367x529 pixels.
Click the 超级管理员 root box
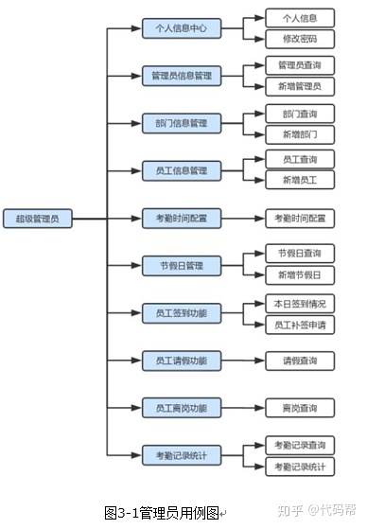pos(37,219)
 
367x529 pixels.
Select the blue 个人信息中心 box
pos(181,28)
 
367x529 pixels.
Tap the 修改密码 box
pos(299,40)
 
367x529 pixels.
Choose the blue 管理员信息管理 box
pos(181,75)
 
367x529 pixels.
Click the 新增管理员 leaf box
pos(299,86)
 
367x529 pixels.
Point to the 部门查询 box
pos(299,113)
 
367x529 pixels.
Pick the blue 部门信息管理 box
pos(181,123)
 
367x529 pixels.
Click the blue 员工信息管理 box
pos(181,171)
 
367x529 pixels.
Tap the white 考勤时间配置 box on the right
pos(299,218)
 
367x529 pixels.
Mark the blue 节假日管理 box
pos(181,265)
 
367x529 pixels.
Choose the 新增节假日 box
pos(299,275)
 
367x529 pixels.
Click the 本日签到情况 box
pos(299,304)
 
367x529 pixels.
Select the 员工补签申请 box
pos(299,325)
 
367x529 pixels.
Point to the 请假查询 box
pos(299,361)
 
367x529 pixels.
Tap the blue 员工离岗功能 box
pos(181,408)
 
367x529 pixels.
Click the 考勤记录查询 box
pos(299,445)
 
